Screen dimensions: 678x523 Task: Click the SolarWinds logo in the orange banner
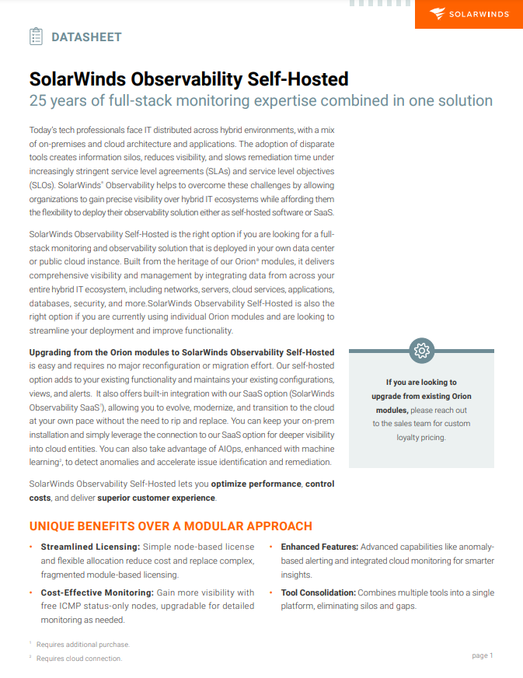click(469, 14)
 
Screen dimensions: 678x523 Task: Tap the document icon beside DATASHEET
click(36, 36)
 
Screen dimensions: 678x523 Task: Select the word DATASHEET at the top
click(86, 37)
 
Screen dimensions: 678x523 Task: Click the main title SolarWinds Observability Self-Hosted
click(188, 79)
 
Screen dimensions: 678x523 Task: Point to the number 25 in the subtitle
click(38, 100)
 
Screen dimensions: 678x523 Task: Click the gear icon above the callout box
click(421, 350)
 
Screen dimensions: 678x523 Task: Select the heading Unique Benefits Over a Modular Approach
click(170, 526)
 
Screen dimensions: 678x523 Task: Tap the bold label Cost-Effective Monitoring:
click(96, 592)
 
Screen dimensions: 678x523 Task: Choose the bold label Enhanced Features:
click(319, 547)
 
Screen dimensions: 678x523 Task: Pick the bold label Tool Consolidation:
click(318, 592)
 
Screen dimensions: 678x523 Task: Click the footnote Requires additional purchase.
click(83, 645)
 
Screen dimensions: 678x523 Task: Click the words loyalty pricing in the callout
click(421, 438)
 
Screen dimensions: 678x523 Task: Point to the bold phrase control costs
click(319, 484)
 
